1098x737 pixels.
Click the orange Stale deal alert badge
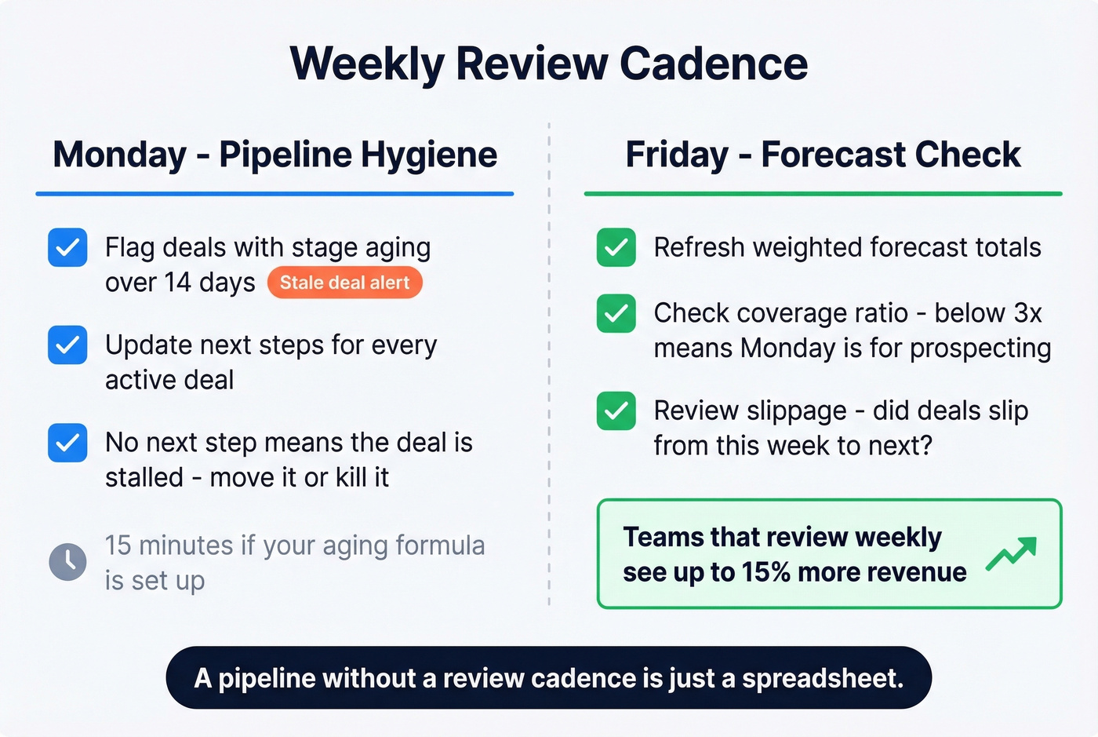(x=344, y=283)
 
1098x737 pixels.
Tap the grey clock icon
(x=68, y=562)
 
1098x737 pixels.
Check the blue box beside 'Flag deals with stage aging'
(x=67, y=247)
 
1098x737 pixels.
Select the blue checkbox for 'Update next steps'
(x=67, y=345)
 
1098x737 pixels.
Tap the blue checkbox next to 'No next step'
(x=67, y=443)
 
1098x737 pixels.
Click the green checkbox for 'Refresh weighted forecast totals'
(x=616, y=247)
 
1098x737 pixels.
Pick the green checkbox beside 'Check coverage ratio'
(x=616, y=313)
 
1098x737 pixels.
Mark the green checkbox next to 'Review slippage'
(x=616, y=410)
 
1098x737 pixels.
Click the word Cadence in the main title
(x=714, y=64)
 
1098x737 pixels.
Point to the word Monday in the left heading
(x=119, y=155)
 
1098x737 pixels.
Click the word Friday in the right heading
(x=677, y=155)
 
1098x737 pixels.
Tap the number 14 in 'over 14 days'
(x=177, y=283)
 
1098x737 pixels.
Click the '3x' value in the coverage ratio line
(x=1027, y=313)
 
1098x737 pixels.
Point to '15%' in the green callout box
(x=765, y=572)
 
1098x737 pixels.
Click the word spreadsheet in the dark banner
(x=822, y=678)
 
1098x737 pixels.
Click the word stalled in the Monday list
(x=144, y=477)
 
